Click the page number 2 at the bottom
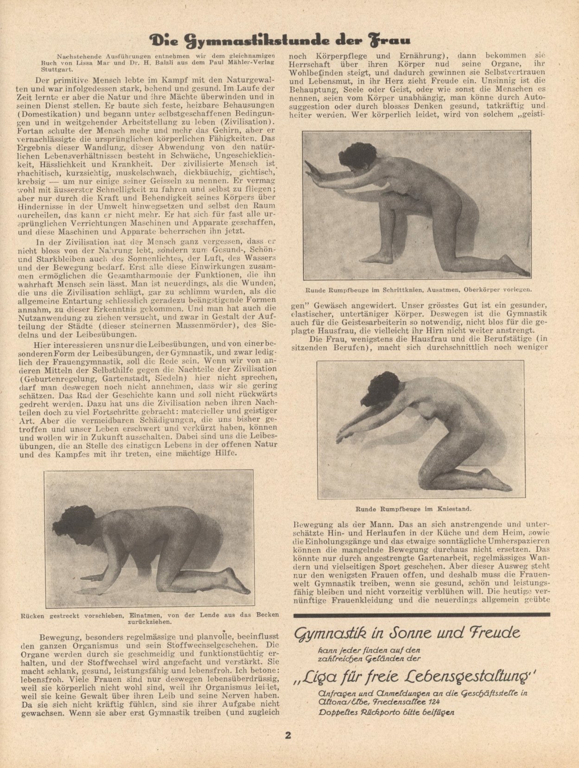tap(288, 736)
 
